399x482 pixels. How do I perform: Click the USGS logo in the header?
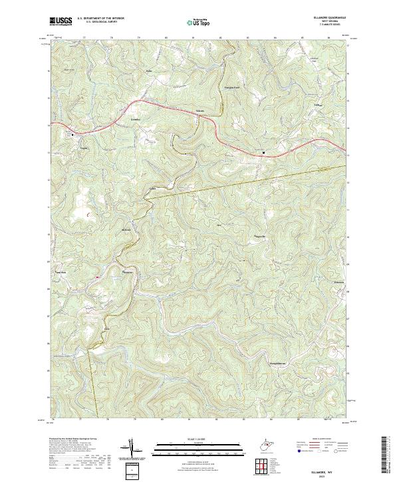pos(61,21)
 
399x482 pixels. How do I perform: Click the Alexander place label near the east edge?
pos(338,283)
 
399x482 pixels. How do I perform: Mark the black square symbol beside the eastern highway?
pos(264,153)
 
